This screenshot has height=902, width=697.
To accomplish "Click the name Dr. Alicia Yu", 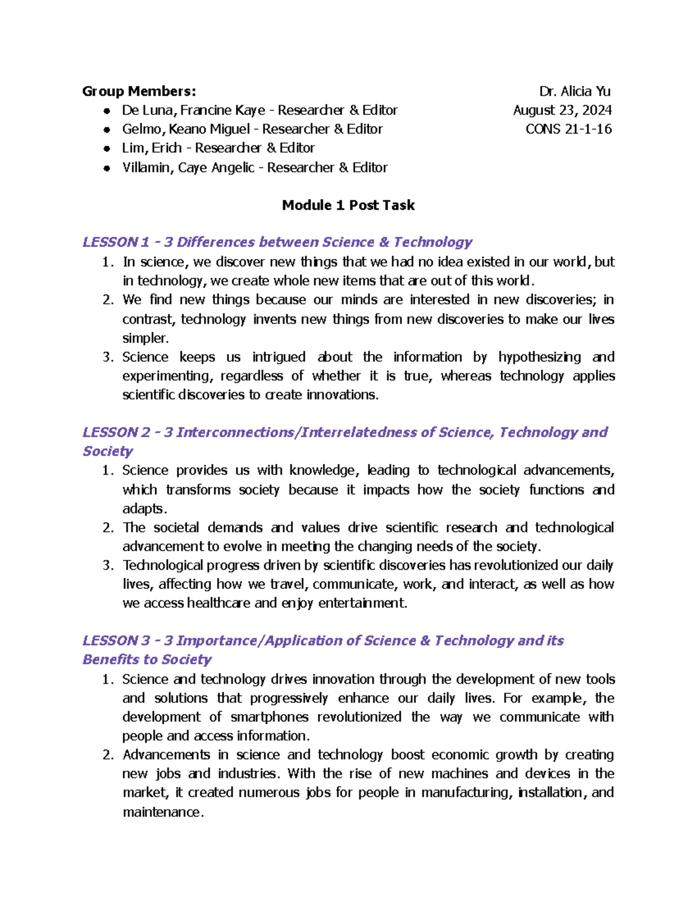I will (574, 91).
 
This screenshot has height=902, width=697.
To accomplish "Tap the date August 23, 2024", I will (562, 110).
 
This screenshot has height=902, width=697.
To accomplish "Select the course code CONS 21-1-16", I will (569, 129).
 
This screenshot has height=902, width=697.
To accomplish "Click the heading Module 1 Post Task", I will (348, 205).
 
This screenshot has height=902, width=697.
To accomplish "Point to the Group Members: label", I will (139, 91).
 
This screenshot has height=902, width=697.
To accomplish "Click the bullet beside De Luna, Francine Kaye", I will (106, 111).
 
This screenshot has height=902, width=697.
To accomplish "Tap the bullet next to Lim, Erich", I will (106, 149).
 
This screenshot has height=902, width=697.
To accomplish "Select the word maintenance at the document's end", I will (161, 812).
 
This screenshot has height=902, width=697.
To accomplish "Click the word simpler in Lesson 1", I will (143, 338).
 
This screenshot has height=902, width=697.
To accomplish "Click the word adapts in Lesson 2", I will (143, 509).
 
